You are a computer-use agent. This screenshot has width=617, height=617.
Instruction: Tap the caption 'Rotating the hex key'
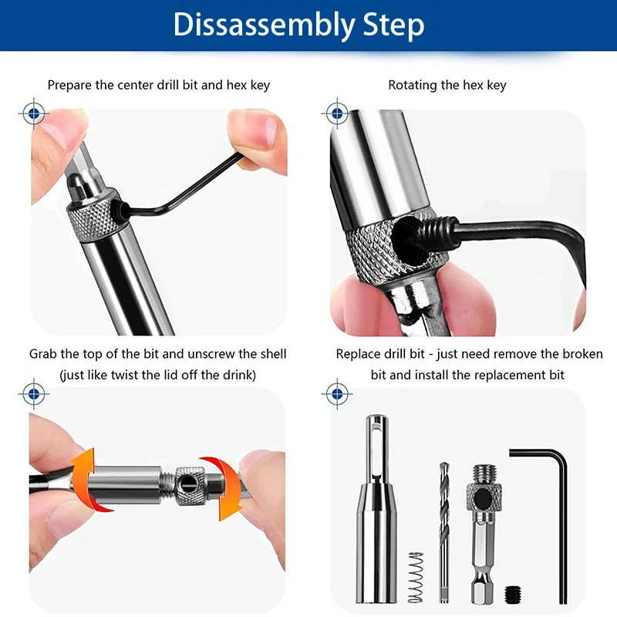[447, 85]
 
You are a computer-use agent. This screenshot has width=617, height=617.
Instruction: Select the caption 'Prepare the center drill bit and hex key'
[159, 85]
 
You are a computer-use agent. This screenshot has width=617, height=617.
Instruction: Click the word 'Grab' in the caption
[44, 354]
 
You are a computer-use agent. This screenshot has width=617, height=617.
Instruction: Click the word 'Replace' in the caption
[360, 354]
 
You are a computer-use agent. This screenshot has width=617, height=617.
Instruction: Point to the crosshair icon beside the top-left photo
[33, 113]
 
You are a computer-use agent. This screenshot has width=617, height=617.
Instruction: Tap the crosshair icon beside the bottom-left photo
[33, 393]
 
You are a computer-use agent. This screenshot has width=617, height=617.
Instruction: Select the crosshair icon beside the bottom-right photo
[336, 393]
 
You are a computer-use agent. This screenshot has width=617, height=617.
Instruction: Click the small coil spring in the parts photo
[416, 577]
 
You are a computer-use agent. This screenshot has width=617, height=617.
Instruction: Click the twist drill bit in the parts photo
[443, 524]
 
